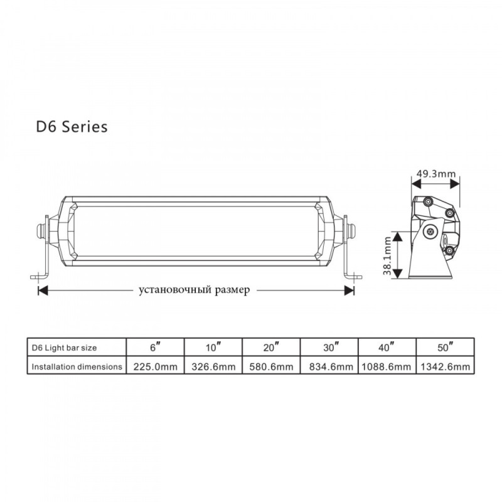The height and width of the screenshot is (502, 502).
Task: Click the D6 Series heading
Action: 72,126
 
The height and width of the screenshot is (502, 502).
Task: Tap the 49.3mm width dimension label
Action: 435,174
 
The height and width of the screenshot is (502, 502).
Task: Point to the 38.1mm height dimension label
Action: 387,256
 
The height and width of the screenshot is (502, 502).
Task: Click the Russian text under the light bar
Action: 194,290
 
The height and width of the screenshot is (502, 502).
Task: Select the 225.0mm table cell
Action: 155,366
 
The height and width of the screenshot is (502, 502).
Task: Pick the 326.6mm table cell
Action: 213,366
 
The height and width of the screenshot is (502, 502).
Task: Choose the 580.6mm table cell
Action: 271,366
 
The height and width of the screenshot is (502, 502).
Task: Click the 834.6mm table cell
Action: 331,366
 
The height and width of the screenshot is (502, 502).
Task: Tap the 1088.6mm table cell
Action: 386,366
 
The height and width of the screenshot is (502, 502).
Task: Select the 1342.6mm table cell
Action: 446,366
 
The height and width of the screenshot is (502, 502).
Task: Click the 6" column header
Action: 155,347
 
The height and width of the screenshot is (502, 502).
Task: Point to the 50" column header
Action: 445,347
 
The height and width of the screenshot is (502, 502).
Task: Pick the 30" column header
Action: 331,347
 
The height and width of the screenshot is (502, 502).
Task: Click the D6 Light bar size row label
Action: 64,348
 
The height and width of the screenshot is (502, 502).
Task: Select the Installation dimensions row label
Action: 77,366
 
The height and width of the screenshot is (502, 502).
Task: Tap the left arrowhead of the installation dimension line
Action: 43,291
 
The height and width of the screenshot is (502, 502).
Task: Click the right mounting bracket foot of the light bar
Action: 353,277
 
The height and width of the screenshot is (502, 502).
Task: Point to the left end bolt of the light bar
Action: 41,231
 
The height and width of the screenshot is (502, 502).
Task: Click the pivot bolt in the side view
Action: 430,231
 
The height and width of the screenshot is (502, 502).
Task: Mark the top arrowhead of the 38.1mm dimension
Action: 397,237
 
